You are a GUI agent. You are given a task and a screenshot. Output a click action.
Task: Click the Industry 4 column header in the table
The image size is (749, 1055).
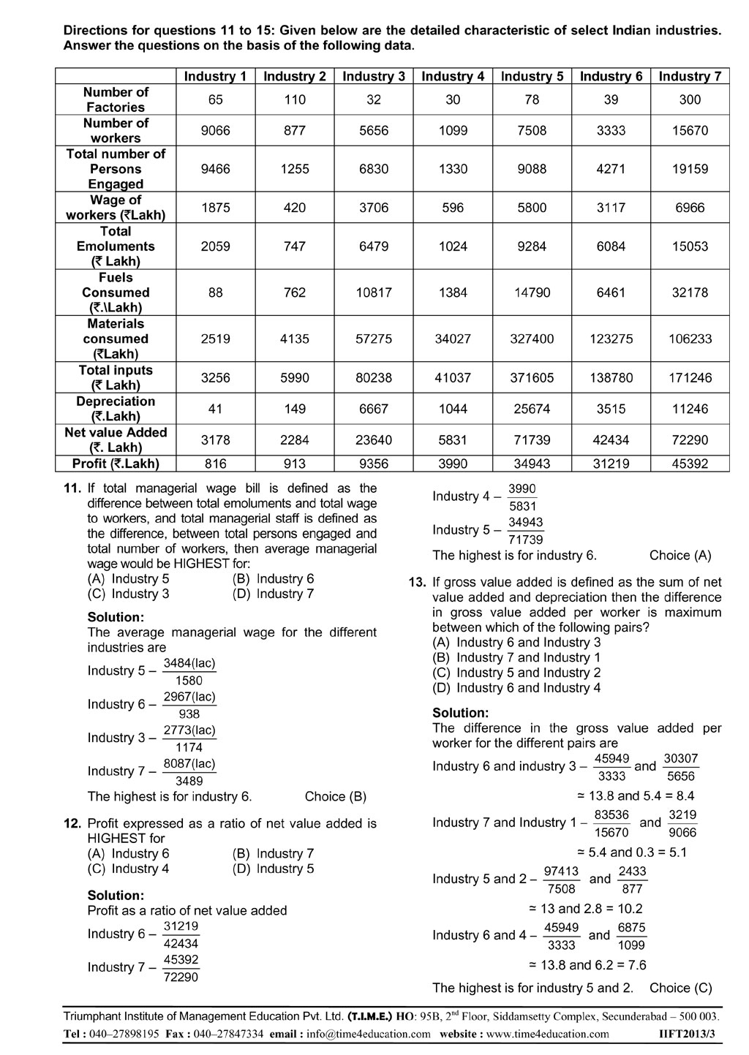453,77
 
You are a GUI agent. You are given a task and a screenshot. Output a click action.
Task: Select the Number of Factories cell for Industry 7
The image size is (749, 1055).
690,100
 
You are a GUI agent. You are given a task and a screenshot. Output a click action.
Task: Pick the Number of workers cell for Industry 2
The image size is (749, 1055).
295,131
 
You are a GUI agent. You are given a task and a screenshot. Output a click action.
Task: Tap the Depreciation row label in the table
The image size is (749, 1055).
116,409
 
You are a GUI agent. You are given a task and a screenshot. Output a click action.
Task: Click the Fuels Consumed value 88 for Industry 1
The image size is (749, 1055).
215,292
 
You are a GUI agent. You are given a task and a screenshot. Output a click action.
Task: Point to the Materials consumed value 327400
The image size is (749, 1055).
532,339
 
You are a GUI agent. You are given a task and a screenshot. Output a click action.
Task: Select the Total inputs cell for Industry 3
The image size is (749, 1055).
374,378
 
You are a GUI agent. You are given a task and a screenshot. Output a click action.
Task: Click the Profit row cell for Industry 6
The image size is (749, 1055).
611,464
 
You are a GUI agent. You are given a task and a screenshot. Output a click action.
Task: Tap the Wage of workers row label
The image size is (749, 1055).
116,208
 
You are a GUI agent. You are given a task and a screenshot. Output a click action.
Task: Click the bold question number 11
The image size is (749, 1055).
72,488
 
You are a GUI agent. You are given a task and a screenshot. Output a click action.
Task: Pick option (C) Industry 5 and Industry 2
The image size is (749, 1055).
516,673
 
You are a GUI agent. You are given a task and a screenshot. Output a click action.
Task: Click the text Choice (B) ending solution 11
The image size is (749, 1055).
336,796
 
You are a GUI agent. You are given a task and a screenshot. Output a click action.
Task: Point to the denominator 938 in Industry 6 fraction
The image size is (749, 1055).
189,714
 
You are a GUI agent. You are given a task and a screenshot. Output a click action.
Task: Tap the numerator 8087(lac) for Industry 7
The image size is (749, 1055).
189,764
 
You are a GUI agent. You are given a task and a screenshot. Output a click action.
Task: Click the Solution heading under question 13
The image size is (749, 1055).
461,713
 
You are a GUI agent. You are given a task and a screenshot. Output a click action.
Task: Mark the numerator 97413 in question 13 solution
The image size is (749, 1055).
561,871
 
